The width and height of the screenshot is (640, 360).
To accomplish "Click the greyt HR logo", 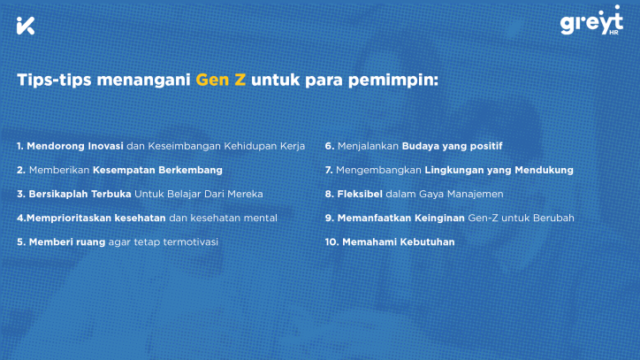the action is (x=591, y=20).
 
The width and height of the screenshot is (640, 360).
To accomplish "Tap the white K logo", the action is (x=26, y=26).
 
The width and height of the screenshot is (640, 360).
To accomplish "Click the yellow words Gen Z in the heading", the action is (x=220, y=80).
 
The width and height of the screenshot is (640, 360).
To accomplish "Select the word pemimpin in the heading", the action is (x=392, y=80).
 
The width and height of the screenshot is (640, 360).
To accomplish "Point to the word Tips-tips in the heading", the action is (x=54, y=80).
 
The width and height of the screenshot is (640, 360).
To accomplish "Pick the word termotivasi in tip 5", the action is (x=191, y=241).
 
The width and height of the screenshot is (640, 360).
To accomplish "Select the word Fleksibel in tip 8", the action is (x=360, y=194).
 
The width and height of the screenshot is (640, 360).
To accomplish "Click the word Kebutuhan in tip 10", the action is (x=427, y=241).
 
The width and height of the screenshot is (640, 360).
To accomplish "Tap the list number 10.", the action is (x=331, y=241).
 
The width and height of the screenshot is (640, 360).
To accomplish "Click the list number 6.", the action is (x=330, y=146).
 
